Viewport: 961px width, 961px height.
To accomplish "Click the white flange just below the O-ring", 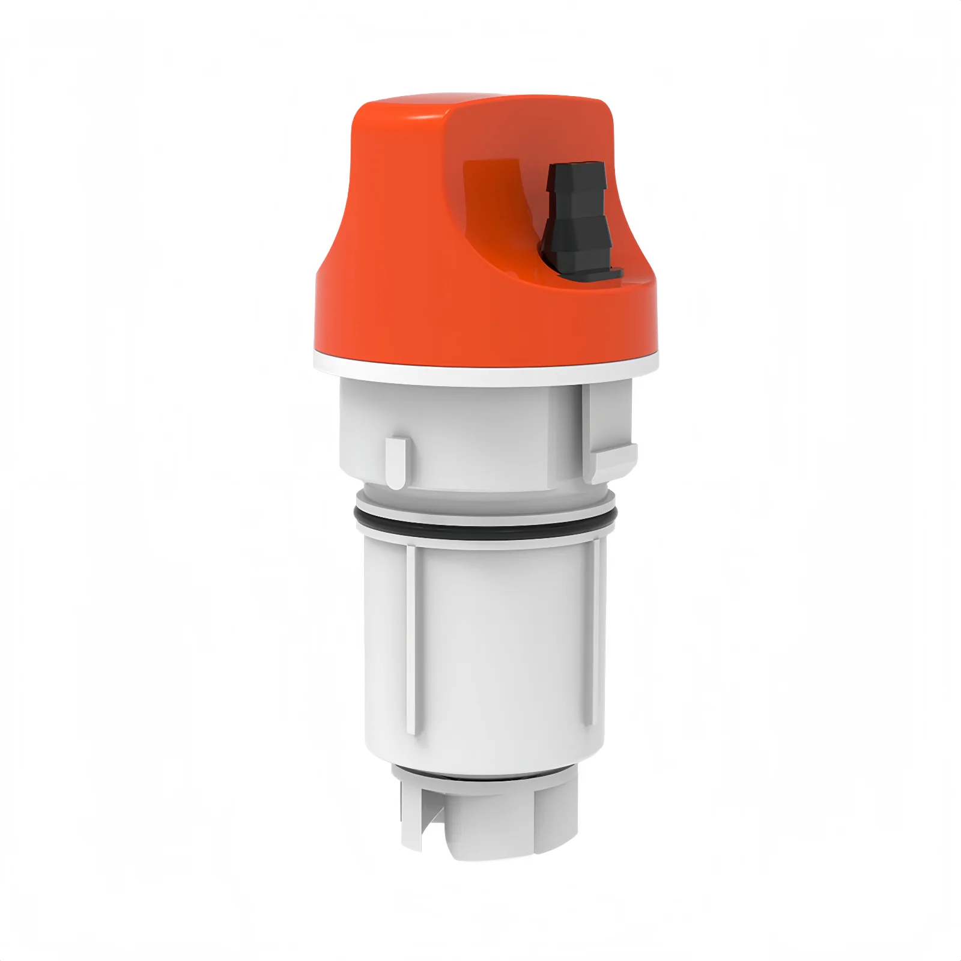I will tap(480, 536).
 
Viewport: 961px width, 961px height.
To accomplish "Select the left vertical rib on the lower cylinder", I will tap(411, 637).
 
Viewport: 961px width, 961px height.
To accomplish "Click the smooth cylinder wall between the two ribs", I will tap(505, 649).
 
